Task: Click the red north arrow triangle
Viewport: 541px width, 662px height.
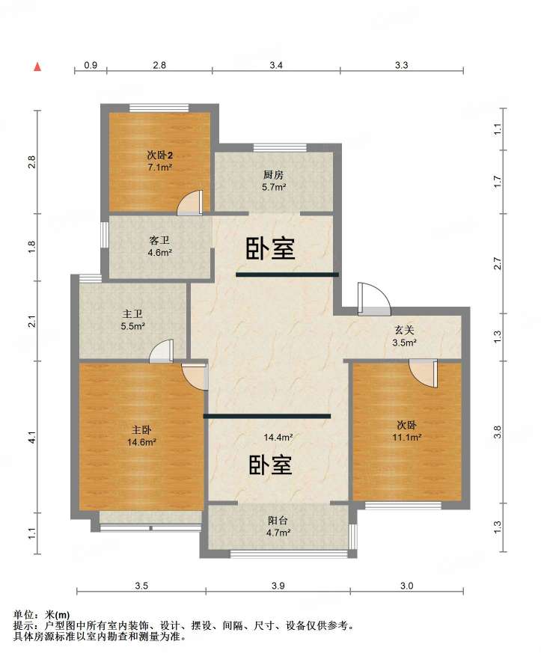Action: pos(37,67)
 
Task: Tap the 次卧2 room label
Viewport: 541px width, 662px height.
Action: pos(159,156)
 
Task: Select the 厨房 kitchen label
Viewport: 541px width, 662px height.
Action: pos(273,175)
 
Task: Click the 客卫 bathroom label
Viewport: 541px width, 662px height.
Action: pos(159,241)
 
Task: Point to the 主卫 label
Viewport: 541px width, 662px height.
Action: pos(132,314)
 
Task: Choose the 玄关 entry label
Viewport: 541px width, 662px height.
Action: pos(404,331)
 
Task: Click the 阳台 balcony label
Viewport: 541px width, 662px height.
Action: pos(278,521)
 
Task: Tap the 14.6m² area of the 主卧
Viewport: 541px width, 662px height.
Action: pos(141,443)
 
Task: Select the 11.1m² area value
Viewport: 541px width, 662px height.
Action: pos(407,438)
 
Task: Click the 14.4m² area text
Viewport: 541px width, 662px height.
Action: pos(278,438)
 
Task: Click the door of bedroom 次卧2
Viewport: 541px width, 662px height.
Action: pos(190,203)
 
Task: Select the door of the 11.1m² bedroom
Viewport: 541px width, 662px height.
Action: pos(424,373)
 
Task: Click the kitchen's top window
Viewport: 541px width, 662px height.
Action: pos(280,147)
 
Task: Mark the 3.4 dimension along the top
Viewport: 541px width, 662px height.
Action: pos(276,65)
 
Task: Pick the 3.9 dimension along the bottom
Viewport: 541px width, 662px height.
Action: pos(278,586)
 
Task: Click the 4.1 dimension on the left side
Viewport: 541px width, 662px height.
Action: pos(32,437)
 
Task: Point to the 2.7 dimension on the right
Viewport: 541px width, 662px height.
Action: pos(498,263)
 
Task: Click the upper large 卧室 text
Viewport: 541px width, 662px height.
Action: pos(270,248)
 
